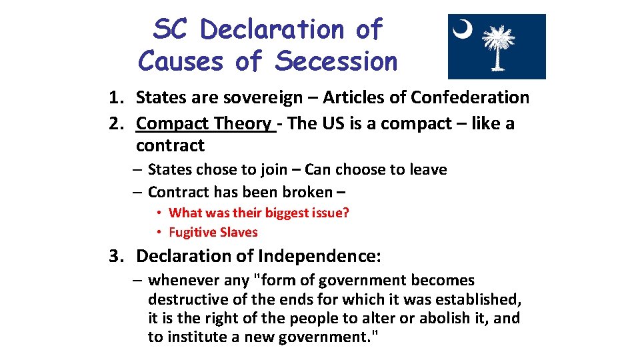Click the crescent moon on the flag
(462, 29)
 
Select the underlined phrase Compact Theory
(205, 124)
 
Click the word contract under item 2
(170, 145)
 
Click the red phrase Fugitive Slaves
(213, 232)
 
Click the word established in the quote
(477, 299)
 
